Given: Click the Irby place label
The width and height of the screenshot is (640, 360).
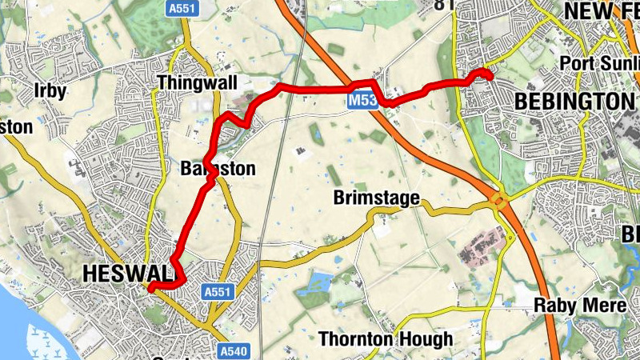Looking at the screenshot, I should (50, 90).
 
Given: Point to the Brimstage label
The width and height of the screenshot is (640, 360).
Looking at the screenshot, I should (376, 198).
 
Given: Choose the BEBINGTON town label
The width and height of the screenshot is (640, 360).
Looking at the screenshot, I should (574, 101).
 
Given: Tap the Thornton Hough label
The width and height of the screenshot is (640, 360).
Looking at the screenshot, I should (386, 339).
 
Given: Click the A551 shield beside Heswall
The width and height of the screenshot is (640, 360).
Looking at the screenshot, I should (218, 292).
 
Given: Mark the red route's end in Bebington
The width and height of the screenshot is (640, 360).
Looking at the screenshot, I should (487, 75).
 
